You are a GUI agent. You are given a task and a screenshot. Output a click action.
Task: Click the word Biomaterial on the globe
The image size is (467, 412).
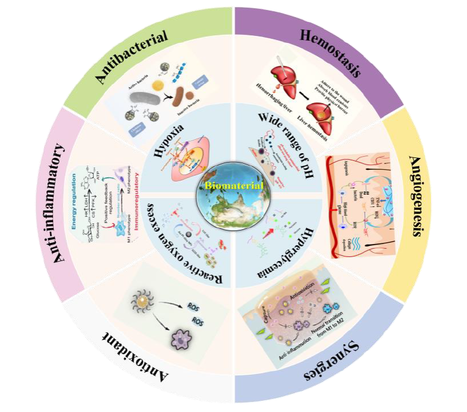pyautogui.click(x=234, y=187)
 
